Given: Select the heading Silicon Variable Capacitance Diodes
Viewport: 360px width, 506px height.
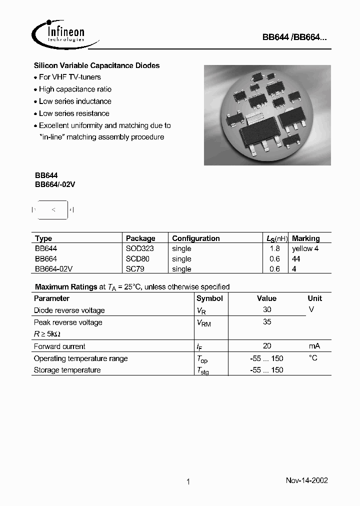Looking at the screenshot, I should (x=96, y=65).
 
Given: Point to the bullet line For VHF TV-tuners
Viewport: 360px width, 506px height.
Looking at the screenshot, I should (x=69, y=77).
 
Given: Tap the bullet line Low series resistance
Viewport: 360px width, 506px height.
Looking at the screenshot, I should (x=73, y=113).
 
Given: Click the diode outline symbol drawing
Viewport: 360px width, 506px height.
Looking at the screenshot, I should (x=53, y=209).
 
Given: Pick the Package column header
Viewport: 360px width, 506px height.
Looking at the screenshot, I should (x=140, y=238).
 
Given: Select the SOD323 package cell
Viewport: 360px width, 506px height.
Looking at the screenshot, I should (x=140, y=248).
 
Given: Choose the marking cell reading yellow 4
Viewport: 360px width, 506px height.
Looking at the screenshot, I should (x=305, y=248).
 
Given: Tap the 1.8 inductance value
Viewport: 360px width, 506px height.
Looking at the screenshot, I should (x=275, y=248).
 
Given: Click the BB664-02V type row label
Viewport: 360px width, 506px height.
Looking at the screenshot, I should (x=54, y=269).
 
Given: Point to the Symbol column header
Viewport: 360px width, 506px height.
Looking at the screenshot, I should (x=209, y=298).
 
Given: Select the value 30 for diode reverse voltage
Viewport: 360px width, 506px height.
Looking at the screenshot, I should (x=267, y=310).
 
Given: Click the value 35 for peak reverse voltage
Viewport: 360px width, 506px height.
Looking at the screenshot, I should (x=267, y=322).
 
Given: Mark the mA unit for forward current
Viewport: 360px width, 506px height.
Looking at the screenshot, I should (x=314, y=346).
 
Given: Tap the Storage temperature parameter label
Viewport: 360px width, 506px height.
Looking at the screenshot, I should (x=67, y=370).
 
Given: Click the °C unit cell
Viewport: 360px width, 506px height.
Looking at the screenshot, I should (x=313, y=358).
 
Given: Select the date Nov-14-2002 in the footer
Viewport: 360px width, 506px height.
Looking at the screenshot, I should (x=306, y=480).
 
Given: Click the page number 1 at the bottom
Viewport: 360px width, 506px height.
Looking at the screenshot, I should (x=188, y=482).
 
